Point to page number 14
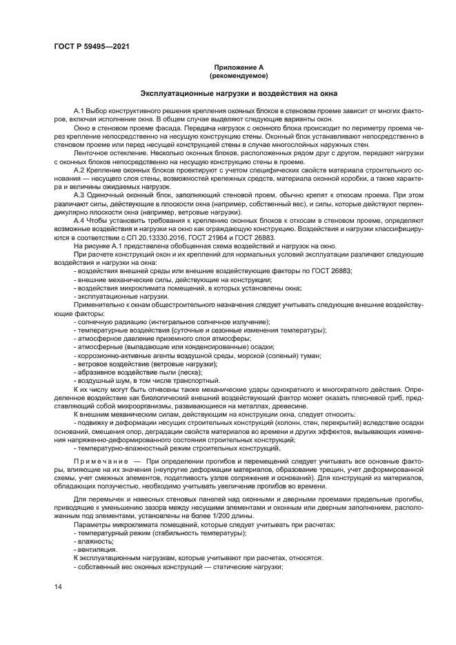coord(58,586)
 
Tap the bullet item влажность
coord(92,540)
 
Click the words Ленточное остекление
coord(104,153)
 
